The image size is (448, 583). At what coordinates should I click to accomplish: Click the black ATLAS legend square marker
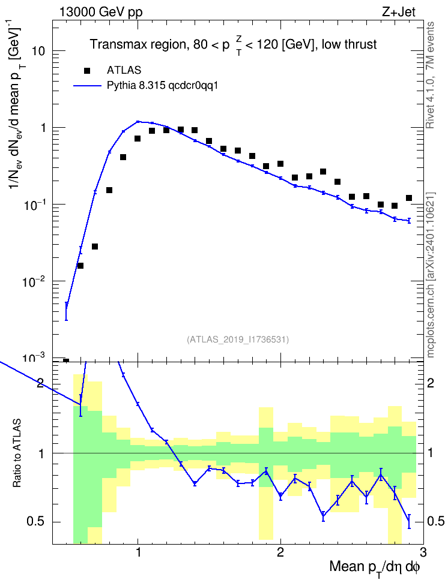[87, 70]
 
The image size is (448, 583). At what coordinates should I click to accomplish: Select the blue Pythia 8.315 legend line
[88, 86]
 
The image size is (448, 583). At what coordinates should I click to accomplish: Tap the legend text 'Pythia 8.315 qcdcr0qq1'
[162, 86]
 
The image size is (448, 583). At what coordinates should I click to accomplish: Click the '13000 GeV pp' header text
[101, 13]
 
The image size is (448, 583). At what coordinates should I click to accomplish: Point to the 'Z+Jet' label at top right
[399, 12]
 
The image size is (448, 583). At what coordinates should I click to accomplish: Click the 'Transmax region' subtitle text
[138, 44]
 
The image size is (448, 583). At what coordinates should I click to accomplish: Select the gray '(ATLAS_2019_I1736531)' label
[238, 339]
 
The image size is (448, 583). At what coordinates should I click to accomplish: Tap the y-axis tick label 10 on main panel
[38, 51]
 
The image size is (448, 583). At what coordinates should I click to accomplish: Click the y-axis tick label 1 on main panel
[43, 128]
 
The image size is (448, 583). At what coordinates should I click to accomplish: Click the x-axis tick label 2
[280, 552]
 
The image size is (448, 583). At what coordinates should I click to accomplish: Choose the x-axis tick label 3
[423, 552]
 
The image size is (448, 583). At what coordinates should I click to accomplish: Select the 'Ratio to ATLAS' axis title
[17, 453]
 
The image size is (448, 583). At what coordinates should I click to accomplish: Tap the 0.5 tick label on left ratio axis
[35, 522]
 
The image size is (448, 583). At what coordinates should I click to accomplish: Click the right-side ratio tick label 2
[430, 383]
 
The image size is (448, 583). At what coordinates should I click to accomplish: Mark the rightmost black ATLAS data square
[409, 198]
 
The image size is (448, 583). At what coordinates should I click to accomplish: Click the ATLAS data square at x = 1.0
[138, 139]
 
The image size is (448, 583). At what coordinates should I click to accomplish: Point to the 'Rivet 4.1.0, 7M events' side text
[430, 75]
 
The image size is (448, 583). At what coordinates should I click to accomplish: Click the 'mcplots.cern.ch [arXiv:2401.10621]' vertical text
[430, 275]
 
